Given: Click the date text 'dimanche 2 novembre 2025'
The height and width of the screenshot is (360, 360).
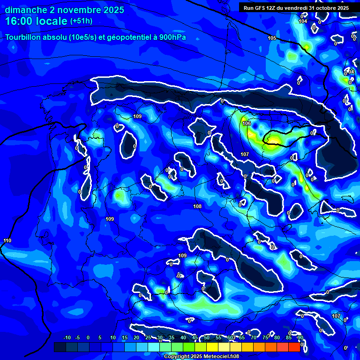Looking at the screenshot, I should click(65, 10).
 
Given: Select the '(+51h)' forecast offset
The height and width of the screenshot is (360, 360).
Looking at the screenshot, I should click(81, 21).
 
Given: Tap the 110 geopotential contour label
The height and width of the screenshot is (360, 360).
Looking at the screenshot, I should click(7, 240).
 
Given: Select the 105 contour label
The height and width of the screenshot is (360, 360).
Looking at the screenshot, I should click(272, 38).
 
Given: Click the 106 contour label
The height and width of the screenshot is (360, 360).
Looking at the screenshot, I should click(247, 123).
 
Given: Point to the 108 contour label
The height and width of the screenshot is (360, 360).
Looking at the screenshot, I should click(197, 206).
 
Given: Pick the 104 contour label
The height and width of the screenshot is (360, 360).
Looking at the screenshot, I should click(303, 21).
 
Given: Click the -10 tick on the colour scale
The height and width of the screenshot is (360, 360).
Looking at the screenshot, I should click(67, 337).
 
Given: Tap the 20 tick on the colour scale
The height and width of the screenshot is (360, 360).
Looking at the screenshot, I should click(136, 337).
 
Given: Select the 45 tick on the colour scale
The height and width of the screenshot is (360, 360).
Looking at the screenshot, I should click(195, 337).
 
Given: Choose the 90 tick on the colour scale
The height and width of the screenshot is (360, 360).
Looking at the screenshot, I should click(300, 337).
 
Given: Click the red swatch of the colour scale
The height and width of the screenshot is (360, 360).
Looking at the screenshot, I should click(294, 347).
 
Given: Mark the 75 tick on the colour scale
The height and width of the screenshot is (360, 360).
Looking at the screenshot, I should click(265, 337).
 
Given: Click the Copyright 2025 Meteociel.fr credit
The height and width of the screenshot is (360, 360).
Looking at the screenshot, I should click(201, 356).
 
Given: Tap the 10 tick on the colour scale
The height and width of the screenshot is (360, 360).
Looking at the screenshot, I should click(113, 337).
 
